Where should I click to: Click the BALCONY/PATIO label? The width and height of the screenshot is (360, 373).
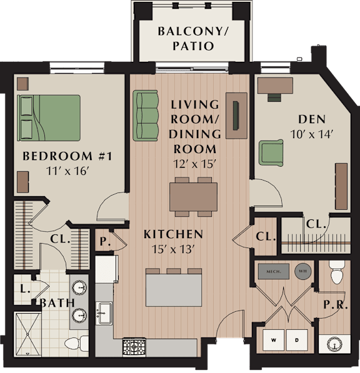coord(193,39)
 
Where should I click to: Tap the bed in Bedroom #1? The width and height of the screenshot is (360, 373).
coord(49,118)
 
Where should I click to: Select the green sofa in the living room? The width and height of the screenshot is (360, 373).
coord(146,116)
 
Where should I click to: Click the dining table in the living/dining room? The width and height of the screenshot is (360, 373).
coord(193,197)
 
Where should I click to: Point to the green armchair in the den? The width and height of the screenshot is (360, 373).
coord(271,153)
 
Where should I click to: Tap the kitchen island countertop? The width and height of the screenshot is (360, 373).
coord(174,290)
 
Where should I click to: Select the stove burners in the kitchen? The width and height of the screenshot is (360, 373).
coord(134,347)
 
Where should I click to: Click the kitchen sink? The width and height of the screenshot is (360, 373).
coord(104,313)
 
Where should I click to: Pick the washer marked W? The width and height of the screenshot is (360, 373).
coord(273,340)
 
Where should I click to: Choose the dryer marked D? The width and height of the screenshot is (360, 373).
coord(297,340)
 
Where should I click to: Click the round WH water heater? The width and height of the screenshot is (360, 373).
coord(302,271)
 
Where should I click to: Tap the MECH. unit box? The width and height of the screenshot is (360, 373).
coord(274,271)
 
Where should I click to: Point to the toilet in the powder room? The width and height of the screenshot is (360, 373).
coord(337,272)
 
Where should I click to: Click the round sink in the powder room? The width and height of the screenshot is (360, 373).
coord(334,344)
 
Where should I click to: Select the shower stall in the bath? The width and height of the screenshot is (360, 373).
coord(27,334)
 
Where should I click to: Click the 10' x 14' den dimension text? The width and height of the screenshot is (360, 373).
coord(311,134)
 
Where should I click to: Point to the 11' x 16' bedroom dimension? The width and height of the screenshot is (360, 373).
coord(67,171)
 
